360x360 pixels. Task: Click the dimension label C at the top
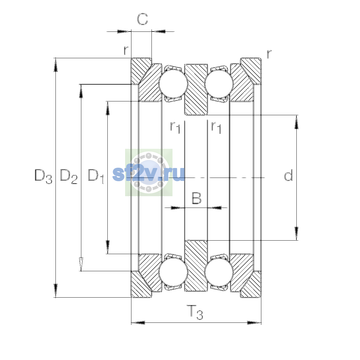tap(142, 19)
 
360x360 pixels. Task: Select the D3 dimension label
tap(43, 176)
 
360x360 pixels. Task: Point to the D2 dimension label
tap(69, 176)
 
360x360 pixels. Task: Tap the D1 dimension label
tap(96, 176)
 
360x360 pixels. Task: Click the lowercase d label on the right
tap(288, 175)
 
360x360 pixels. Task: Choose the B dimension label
tap(196, 198)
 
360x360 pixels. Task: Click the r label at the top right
tap(269, 54)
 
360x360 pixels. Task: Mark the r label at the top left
tap(126, 50)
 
